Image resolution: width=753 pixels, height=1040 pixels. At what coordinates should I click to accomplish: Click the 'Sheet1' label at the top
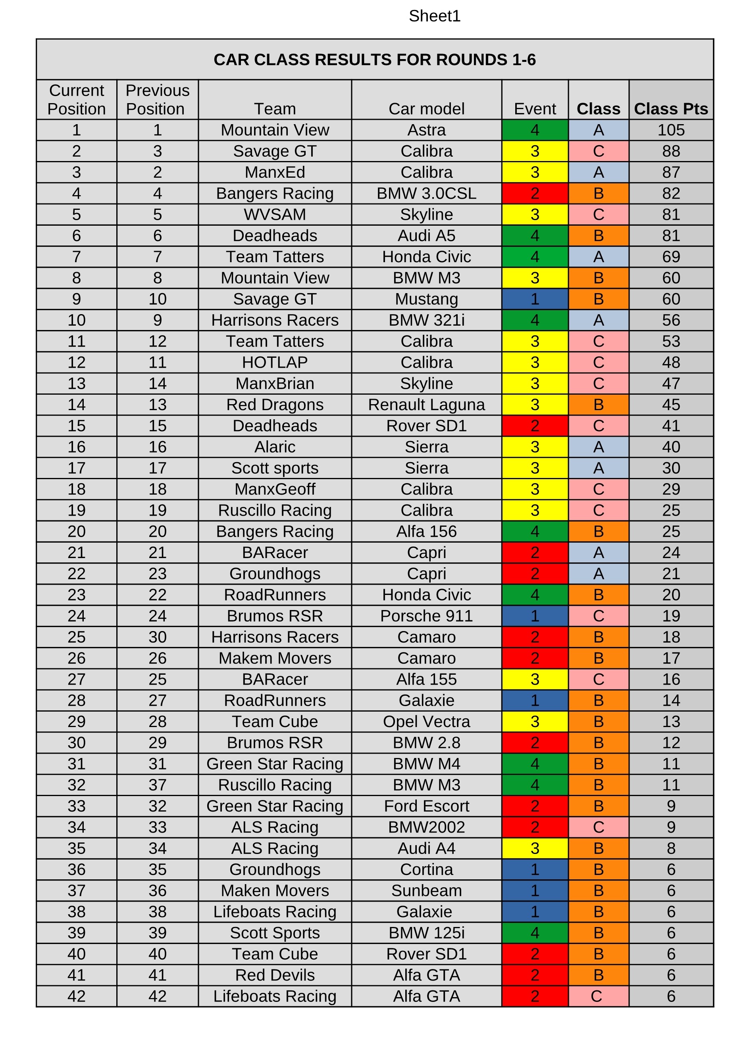coord(434,16)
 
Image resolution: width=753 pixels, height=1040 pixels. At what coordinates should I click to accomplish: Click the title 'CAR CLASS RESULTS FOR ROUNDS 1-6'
coord(374,59)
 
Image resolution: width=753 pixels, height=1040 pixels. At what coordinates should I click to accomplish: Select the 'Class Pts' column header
coord(670,109)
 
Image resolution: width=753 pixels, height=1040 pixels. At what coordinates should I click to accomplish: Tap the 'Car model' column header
coord(426,109)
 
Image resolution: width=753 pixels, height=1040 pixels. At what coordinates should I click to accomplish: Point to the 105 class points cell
coord(670,130)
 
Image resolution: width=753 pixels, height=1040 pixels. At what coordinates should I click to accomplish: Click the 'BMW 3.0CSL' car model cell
coord(426,193)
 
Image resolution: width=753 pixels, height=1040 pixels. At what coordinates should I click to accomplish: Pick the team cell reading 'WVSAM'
coord(274,214)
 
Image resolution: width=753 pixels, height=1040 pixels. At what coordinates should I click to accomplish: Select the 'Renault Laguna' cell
coord(426,405)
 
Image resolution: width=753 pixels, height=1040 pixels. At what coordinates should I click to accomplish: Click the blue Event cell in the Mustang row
coord(535,299)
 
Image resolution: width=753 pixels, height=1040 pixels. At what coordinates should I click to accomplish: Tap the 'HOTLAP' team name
coord(274,362)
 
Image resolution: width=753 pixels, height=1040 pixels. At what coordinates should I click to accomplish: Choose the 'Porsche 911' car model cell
coord(426,616)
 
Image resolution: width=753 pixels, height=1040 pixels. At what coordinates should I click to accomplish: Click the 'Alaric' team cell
coord(274,447)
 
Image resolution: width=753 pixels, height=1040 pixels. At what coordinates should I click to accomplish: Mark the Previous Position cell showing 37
coord(158,785)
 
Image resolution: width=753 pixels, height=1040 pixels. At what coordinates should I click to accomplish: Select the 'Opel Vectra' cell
coord(426,721)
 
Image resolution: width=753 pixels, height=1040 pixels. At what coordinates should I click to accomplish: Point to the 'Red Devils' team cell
coord(274,975)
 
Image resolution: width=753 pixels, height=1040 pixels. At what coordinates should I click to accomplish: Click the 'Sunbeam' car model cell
coord(426,890)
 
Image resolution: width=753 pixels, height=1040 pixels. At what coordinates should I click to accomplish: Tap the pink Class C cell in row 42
coord(598,996)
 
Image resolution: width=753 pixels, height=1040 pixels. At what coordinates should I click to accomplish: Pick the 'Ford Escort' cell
coord(426,806)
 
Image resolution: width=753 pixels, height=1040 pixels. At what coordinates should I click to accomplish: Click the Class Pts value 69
coord(670,256)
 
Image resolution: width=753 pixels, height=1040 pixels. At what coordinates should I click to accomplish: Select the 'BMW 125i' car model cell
coord(426,933)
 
